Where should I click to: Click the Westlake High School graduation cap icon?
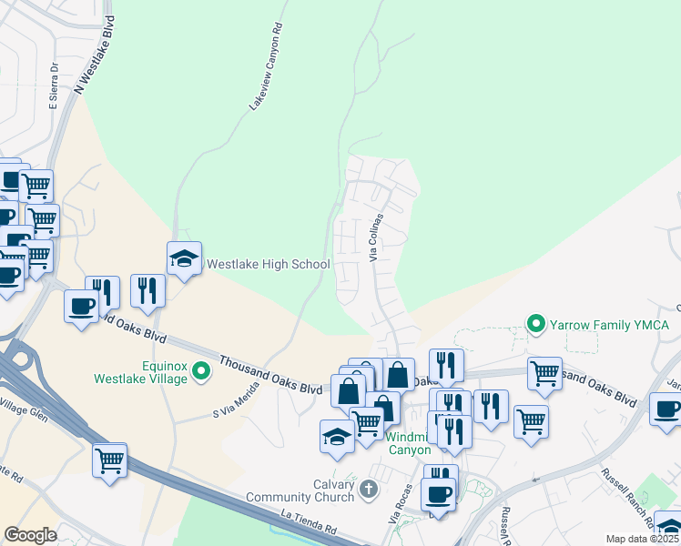[184, 259]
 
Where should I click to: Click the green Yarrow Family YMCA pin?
[537, 324]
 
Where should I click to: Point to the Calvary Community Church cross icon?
[368, 490]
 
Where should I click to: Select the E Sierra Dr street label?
[55, 87]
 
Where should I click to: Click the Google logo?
[30, 535]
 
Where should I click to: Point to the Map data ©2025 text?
[641, 539]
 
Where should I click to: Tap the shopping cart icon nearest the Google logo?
[109, 460]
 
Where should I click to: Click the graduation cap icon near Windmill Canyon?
[337, 436]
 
